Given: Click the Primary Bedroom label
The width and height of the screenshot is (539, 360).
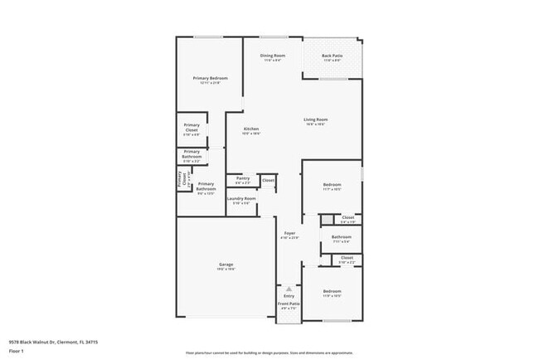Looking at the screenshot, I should [x=210, y=78].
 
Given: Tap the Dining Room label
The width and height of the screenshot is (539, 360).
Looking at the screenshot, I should [x=273, y=56].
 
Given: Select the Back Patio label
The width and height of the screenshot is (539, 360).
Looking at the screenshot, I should [x=332, y=56].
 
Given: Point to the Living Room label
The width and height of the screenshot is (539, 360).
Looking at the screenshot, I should [x=315, y=119].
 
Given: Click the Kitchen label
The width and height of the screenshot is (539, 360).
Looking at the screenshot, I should [x=251, y=129].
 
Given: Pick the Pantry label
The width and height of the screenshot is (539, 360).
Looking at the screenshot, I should [x=243, y=178].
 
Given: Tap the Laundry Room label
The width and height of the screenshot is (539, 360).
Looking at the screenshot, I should [x=242, y=198].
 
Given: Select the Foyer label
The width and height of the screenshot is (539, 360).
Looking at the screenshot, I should [x=289, y=233].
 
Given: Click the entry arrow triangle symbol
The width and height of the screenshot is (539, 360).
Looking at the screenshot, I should [x=289, y=288].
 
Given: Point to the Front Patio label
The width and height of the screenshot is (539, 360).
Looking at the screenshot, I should [x=289, y=304].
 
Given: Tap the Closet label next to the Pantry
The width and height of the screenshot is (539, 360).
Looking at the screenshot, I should [x=268, y=179].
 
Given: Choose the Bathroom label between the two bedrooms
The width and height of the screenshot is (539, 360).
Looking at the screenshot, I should [x=342, y=237].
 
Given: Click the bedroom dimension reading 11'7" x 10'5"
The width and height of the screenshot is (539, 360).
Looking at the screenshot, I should [x=332, y=189].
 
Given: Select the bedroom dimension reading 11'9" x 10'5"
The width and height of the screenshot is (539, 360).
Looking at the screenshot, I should [x=332, y=296].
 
